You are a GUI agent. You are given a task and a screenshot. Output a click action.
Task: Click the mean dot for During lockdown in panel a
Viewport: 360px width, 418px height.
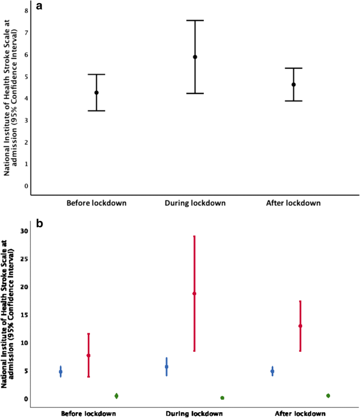point(195,57)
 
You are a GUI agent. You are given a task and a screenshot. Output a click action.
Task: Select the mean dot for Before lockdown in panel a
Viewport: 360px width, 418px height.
point(96,93)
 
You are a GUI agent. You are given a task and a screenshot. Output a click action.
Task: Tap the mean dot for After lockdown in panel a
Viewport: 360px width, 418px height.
point(294,85)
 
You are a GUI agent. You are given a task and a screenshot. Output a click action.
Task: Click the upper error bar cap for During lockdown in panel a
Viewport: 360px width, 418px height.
point(195,21)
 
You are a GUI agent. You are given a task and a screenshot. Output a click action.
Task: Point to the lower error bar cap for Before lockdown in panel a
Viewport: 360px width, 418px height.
point(96,111)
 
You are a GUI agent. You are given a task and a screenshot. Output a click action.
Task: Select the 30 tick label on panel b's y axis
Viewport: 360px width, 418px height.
point(23,231)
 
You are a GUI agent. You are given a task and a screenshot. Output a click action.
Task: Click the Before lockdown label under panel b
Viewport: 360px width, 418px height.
point(88,413)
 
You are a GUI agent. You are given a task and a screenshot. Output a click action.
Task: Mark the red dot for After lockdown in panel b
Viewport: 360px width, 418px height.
point(300,326)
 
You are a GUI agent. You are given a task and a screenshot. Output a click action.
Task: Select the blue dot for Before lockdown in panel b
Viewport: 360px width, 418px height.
point(60,372)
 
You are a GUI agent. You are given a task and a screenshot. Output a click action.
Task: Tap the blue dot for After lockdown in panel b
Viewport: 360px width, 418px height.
point(272,371)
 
